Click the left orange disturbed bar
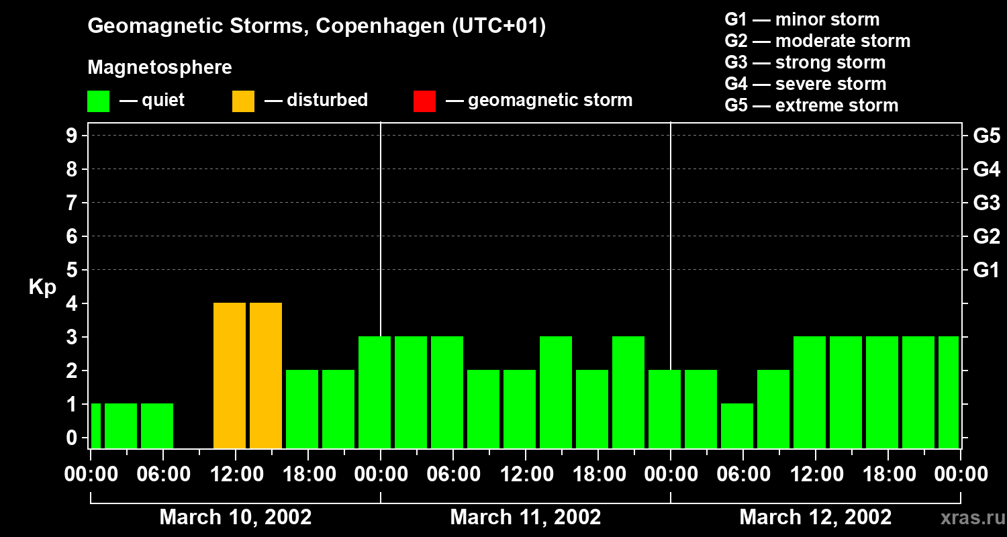[230, 375]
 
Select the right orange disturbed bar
[266, 375]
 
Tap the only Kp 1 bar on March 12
[737, 426]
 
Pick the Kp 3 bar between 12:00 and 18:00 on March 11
[556, 392]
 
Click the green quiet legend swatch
[98, 101]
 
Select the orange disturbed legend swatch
[243, 101]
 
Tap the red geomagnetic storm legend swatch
[424, 101]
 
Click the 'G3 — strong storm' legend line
[805, 62]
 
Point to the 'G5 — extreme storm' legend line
[811, 105]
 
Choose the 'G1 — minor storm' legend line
[802, 19]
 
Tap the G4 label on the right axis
[986, 170]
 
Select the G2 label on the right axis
[986, 237]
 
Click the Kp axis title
[42, 287]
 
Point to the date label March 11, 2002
[525, 518]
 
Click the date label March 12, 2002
[815, 518]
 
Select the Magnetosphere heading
[160, 68]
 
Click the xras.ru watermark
[967, 518]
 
